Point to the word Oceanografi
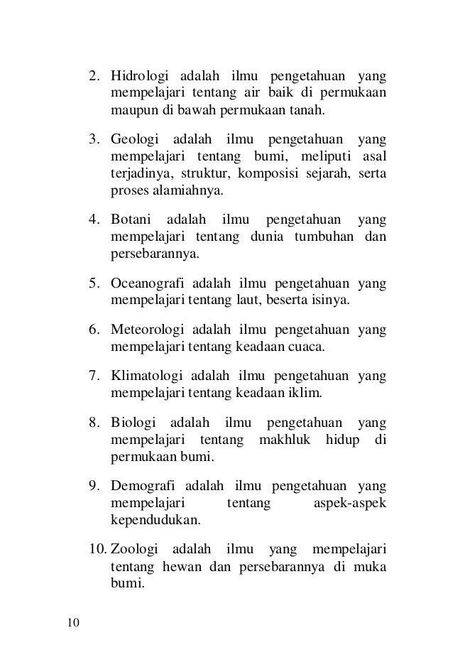pos(148,285)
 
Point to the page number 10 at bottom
pos(74,624)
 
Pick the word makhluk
pos(288,442)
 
